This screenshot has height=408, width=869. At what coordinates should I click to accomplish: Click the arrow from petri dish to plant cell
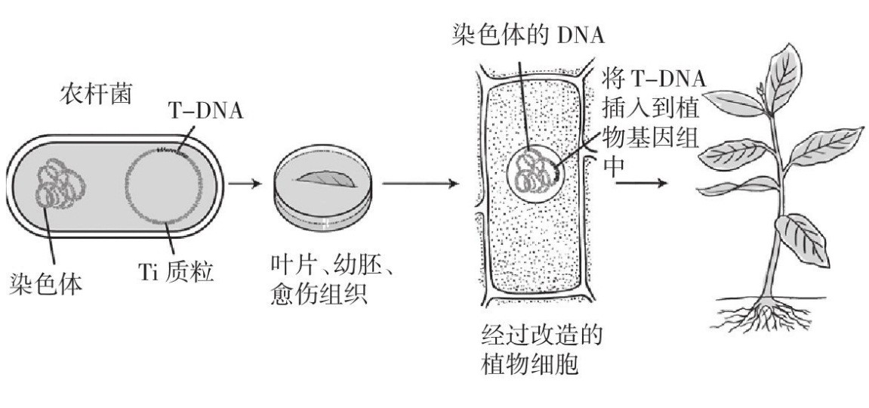coord(420,184)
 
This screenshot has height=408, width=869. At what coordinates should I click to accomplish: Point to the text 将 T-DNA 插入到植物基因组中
coord(654,121)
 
